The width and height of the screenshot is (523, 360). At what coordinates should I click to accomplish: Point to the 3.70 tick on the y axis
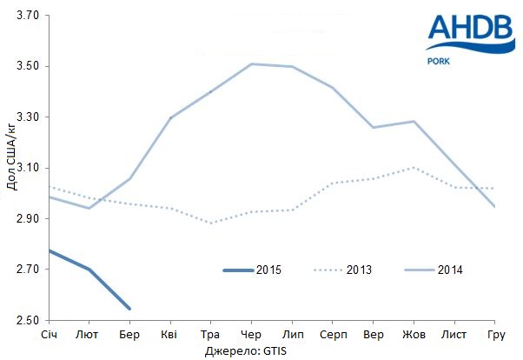28,16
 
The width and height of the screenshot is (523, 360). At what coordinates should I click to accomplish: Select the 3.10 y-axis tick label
28,168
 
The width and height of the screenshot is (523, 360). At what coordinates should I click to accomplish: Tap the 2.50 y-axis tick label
28,320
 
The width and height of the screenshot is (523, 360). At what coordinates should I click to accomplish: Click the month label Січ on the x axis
50,335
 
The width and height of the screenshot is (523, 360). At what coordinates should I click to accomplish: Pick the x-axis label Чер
250,335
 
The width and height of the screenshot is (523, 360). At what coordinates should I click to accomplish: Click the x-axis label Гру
496,335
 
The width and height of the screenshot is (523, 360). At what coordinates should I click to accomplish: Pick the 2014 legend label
450,270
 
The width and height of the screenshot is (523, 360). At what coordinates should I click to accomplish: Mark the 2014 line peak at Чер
251,63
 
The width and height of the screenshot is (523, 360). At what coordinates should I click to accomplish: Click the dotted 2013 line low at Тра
210,223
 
